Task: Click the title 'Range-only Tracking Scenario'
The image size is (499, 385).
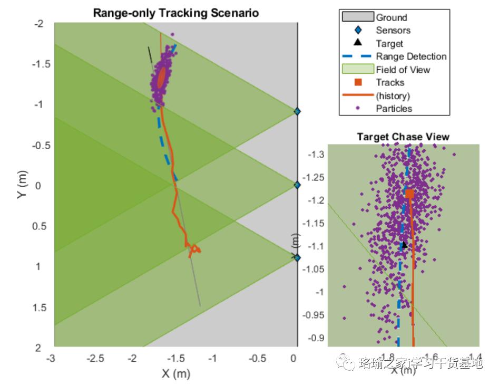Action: click(x=176, y=13)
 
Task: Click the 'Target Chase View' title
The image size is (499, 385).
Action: click(x=403, y=137)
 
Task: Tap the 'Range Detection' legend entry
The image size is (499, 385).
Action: click(x=411, y=56)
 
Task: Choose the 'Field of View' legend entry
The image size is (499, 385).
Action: click(x=403, y=70)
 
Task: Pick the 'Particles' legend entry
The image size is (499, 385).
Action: click(x=394, y=109)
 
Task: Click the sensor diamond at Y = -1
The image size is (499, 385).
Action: click(x=297, y=111)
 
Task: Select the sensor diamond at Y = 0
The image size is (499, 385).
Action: click(x=297, y=185)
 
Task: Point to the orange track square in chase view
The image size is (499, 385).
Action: click(x=409, y=194)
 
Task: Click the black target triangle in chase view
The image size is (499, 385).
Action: click(x=404, y=244)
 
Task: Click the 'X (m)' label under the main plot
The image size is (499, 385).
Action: click(x=176, y=373)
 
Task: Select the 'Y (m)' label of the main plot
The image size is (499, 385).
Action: click(x=22, y=186)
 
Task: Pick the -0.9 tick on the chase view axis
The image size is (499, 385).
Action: click(x=317, y=338)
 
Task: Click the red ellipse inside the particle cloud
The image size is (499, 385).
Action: click(x=162, y=78)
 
